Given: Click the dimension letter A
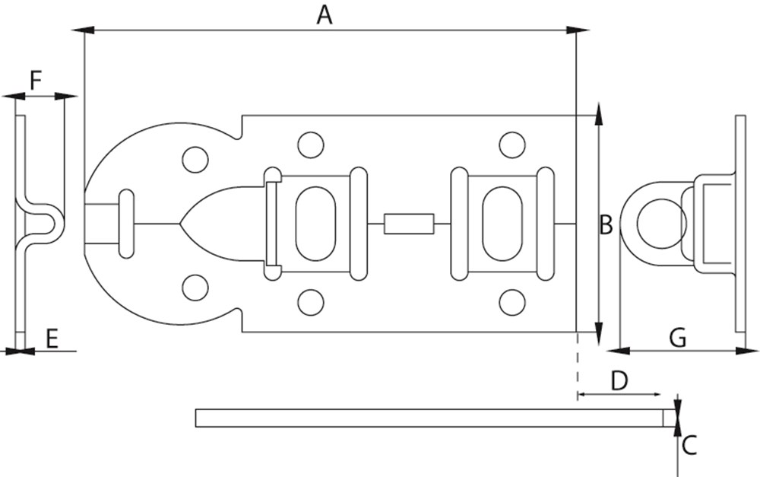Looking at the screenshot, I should pos(325,14).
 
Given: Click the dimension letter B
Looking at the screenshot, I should pos(606,224).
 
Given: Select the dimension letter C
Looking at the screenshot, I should pos(689,445).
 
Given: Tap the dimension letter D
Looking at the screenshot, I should pos(619,380).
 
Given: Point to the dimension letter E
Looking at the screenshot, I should pos(52,339).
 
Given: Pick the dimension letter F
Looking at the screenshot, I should pos(36,79).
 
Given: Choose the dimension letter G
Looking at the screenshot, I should pos(679,338).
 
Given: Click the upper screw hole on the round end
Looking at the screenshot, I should pos(195,159).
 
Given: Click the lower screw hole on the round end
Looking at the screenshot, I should pos(195,287).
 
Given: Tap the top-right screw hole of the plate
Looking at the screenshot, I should pos(511,144).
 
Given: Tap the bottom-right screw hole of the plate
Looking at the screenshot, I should pos(511,302).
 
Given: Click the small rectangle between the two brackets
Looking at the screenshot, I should pos(409,224).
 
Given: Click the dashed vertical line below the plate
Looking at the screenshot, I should pos(577,369).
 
